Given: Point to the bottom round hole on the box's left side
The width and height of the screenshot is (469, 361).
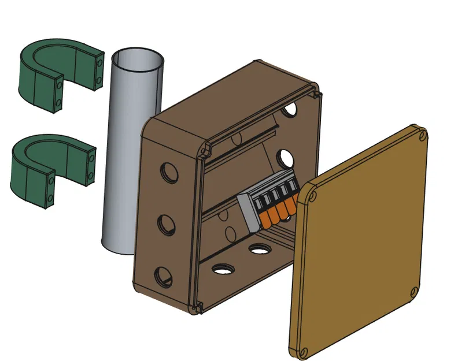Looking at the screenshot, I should tap(163, 276).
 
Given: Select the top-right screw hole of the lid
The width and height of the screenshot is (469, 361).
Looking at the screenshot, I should tap(422, 136).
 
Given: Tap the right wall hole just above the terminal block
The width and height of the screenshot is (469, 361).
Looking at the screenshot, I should tap(285, 157).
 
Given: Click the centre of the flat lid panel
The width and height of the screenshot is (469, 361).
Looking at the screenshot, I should tap(361, 243).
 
